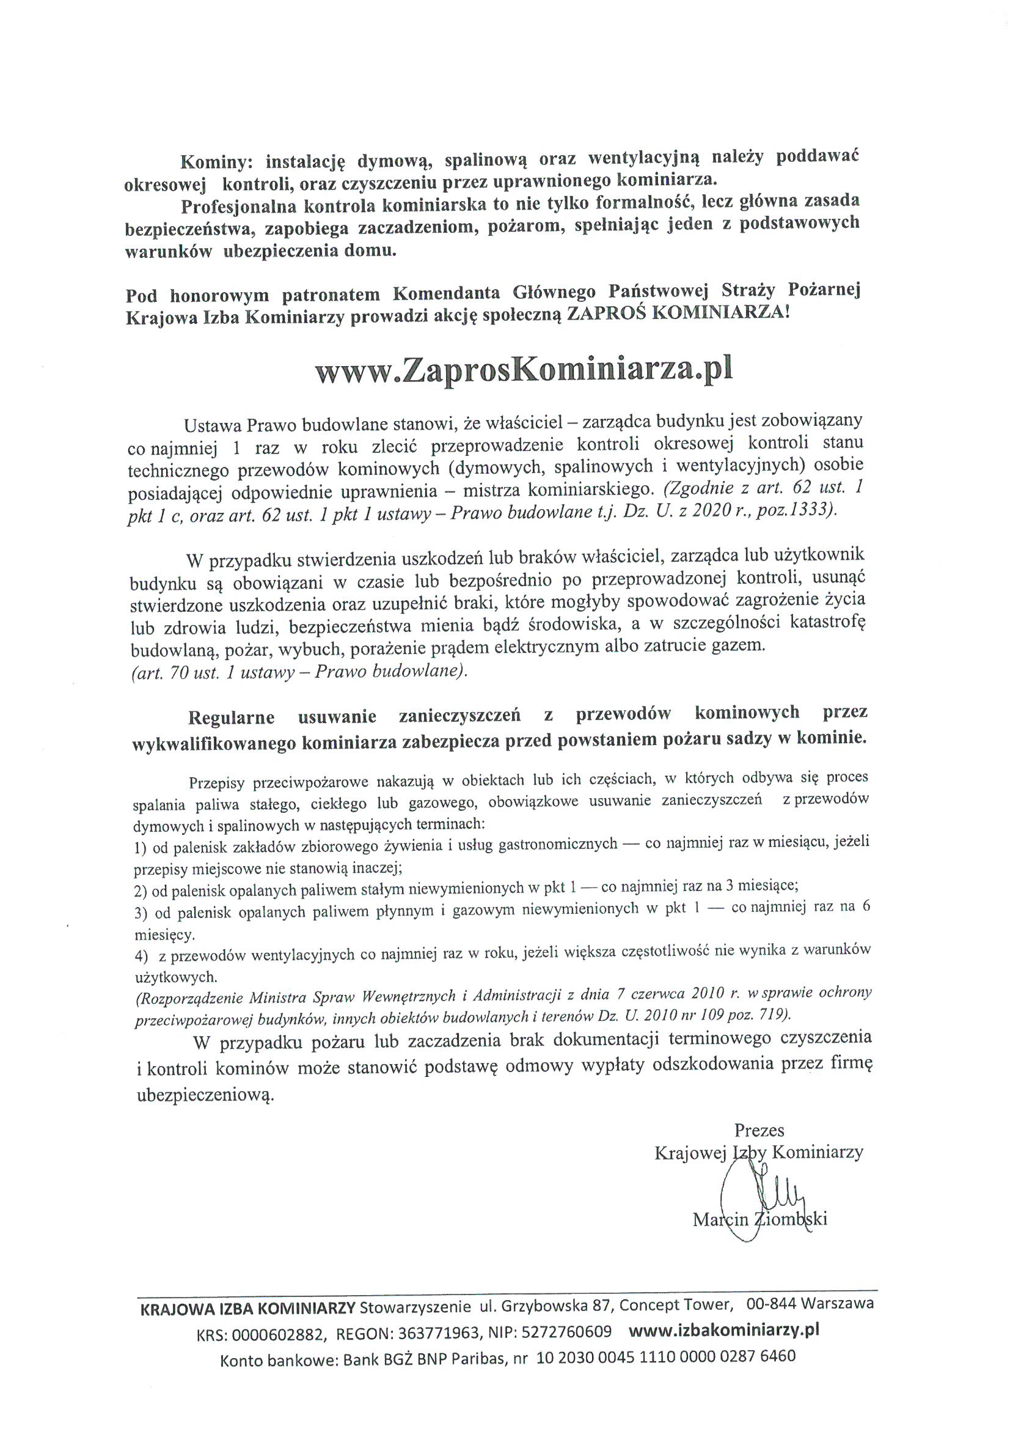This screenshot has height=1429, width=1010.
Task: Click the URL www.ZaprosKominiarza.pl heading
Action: click(524, 370)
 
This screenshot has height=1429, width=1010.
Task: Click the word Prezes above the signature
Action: click(759, 1130)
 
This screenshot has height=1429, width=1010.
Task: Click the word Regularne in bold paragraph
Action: click(231, 717)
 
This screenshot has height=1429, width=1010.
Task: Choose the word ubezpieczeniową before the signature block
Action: click(205, 1095)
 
